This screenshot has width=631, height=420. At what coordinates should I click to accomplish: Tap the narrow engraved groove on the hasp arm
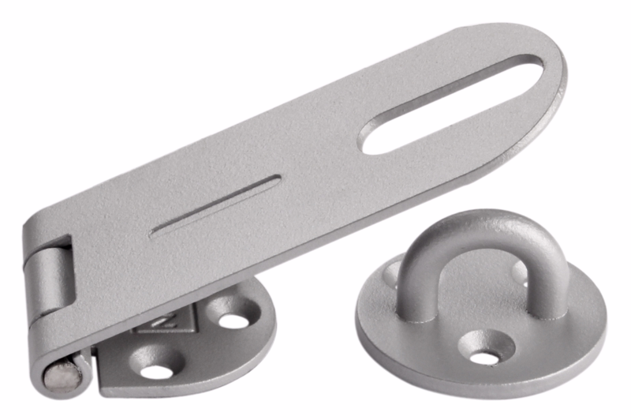click(215, 207)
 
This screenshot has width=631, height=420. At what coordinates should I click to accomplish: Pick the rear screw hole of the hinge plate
click(233, 320)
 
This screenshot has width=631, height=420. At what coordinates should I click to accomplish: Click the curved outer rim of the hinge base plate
click(260, 347)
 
